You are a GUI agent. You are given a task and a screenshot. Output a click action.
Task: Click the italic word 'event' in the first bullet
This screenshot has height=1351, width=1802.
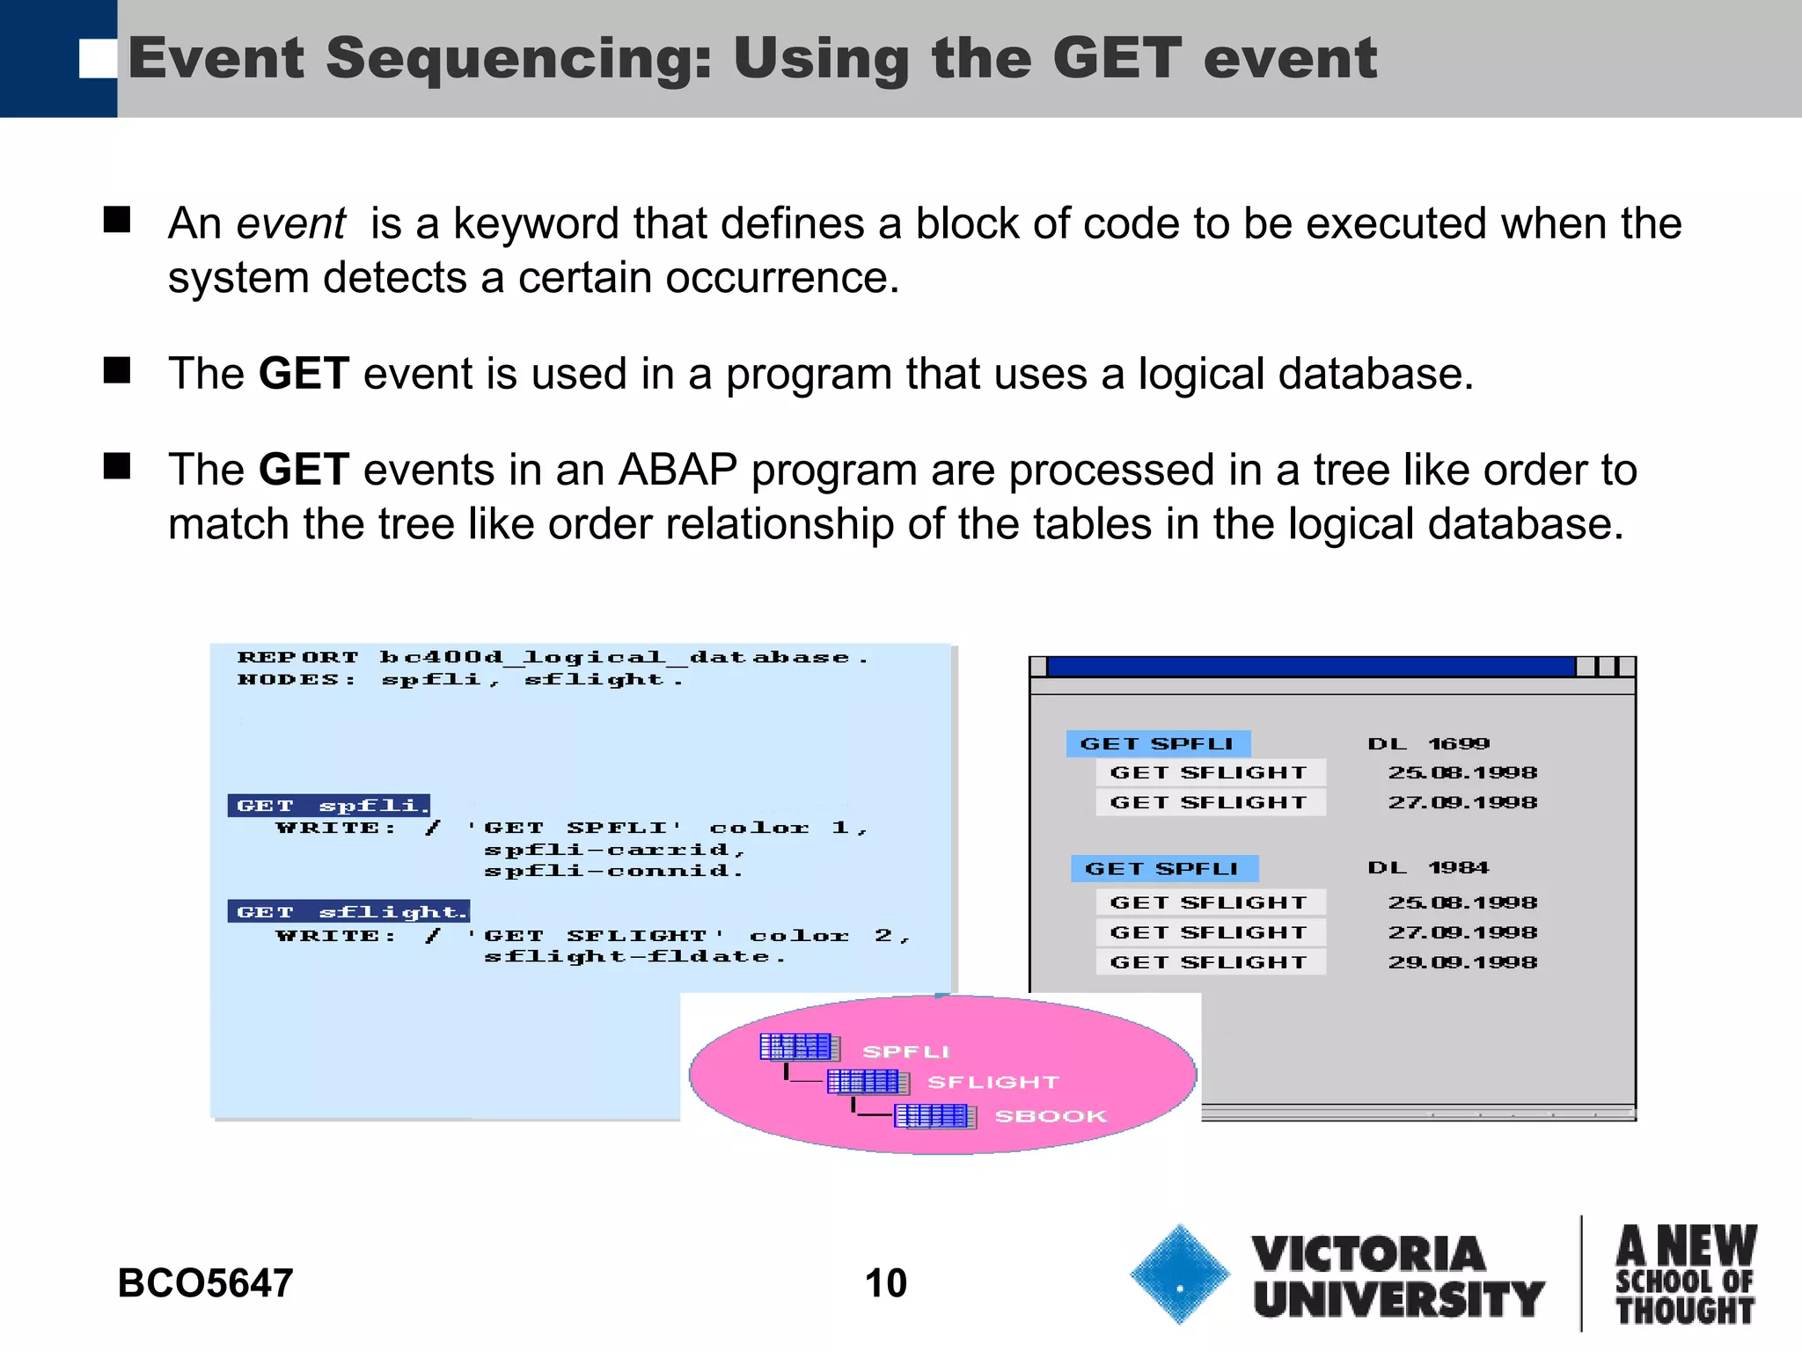point(291,223)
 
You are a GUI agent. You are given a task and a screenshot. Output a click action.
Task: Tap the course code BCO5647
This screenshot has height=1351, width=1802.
point(205,1282)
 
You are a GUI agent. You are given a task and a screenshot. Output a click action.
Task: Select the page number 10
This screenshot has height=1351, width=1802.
point(885,1282)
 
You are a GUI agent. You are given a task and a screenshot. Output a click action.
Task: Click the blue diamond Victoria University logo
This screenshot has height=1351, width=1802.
point(1179,1274)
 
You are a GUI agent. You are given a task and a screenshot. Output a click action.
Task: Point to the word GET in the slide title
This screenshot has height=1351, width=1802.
point(1116,58)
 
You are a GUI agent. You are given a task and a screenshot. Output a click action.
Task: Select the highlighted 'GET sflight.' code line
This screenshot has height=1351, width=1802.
point(349,911)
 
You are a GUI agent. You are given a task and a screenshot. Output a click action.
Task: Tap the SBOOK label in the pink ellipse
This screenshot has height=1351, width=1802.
point(1050,1116)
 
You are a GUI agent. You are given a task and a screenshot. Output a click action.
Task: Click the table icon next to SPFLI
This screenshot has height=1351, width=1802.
point(798,1047)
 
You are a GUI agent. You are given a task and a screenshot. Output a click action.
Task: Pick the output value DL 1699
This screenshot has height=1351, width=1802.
point(1428,744)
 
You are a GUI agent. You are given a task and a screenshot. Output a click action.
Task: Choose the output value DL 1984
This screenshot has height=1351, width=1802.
point(1428,868)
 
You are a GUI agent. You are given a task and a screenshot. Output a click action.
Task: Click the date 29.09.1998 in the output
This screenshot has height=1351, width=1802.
point(1462,962)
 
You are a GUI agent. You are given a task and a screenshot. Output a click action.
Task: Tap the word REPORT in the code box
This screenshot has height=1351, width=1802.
point(298,657)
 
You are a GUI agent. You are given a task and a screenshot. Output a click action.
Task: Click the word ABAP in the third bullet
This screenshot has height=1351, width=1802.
point(678,470)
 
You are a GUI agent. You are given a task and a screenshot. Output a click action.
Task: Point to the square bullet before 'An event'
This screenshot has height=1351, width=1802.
point(117,219)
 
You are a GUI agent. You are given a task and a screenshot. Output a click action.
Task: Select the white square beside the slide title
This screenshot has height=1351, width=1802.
point(97,59)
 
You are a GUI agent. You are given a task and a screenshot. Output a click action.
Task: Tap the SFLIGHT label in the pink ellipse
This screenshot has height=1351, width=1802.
point(993,1082)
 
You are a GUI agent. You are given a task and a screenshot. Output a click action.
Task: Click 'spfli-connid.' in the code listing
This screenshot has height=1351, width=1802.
point(613,871)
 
